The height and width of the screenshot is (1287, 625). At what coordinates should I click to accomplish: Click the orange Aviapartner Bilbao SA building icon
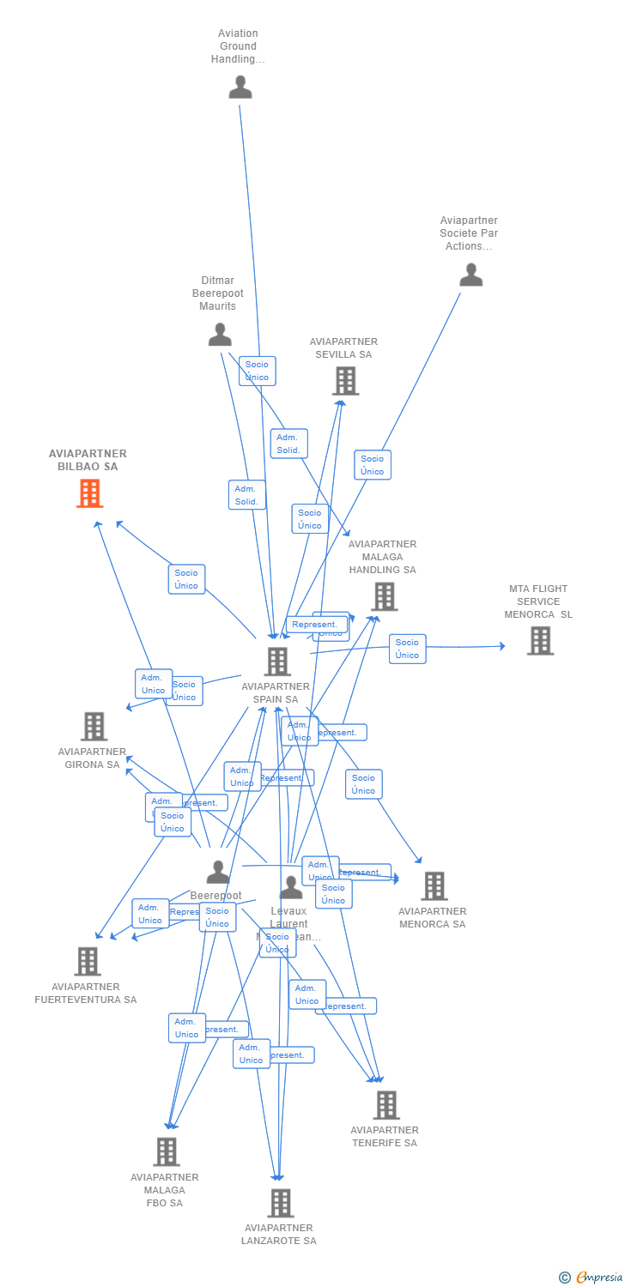(x=89, y=493)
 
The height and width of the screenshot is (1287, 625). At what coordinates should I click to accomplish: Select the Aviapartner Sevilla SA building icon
(x=345, y=381)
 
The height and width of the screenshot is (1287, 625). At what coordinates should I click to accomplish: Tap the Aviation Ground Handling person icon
(x=240, y=87)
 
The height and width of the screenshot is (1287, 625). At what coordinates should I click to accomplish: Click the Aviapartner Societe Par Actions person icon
(x=470, y=275)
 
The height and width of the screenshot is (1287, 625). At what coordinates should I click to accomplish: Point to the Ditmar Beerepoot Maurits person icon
(x=220, y=335)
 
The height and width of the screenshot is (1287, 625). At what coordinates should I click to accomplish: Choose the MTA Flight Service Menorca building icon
(x=539, y=640)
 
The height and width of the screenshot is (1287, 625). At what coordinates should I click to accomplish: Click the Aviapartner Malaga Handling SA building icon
(x=384, y=596)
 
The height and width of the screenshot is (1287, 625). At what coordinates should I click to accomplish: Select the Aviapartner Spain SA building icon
(x=276, y=662)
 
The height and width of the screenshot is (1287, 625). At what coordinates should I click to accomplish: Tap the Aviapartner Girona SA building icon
(x=94, y=726)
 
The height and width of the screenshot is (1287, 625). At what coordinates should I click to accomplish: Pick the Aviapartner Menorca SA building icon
(x=434, y=886)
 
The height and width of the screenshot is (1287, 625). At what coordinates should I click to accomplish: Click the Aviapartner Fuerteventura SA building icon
(x=88, y=961)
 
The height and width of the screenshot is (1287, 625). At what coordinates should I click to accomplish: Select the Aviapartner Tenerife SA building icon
(x=386, y=1105)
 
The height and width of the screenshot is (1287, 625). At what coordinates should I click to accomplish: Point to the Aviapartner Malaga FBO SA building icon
(x=166, y=1151)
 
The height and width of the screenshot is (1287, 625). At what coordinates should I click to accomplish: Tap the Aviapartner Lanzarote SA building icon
(x=280, y=1203)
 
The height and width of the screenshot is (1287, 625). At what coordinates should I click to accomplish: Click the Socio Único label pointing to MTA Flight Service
(x=407, y=649)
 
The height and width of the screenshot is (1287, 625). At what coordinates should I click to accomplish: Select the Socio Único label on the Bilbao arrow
(x=186, y=579)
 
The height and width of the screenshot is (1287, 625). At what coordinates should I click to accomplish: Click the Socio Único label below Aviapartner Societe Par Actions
(x=373, y=465)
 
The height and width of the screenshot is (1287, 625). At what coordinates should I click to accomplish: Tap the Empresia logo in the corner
(x=592, y=1278)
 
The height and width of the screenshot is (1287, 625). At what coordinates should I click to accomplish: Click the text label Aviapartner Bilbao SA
(x=88, y=460)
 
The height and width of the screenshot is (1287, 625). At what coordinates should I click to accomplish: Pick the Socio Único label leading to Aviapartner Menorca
(x=363, y=784)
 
